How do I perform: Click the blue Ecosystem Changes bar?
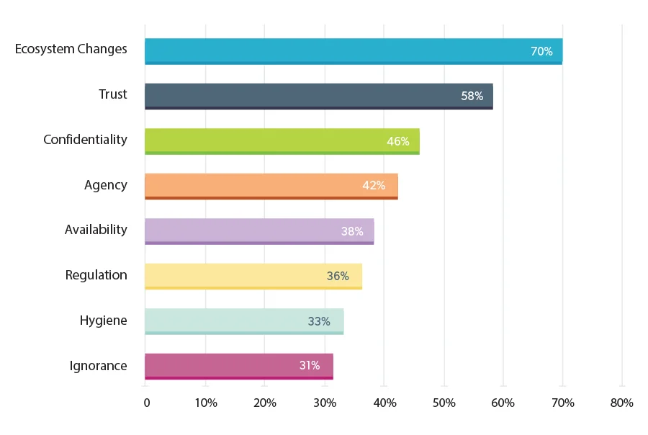click(353, 51)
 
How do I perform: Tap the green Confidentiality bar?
click(282, 141)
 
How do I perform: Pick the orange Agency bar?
click(271, 186)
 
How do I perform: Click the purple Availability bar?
click(258, 231)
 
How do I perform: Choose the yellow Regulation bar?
click(253, 276)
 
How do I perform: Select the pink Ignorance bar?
click(238, 366)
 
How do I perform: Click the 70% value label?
click(541, 51)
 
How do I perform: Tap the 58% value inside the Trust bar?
click(472, 96)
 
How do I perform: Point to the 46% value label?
click(397, 141)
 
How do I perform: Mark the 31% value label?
click(310, 366)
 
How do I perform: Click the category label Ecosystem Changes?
click(71, 50)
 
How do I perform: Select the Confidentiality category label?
click(85, 140)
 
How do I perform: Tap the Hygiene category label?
click(103, 320)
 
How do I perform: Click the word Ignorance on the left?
click(98, 366)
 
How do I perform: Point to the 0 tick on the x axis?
click(147, 403)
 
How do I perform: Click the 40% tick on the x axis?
click(385, 403)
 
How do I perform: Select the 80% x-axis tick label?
click(621, 403)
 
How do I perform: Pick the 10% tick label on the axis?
click(206, 403)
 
